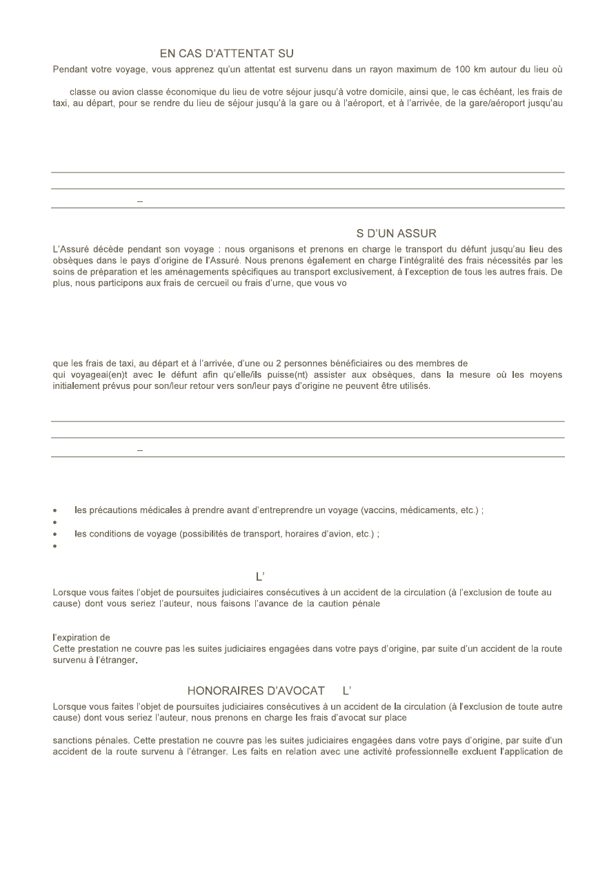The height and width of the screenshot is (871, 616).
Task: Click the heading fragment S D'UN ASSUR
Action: (x=397, y=234)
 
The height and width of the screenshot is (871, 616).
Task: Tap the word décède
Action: (x=106, y=249)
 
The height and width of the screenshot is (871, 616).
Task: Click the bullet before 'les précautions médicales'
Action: (x=55, y=511)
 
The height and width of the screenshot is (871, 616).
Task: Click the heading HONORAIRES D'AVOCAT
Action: (x=256, y=691)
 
